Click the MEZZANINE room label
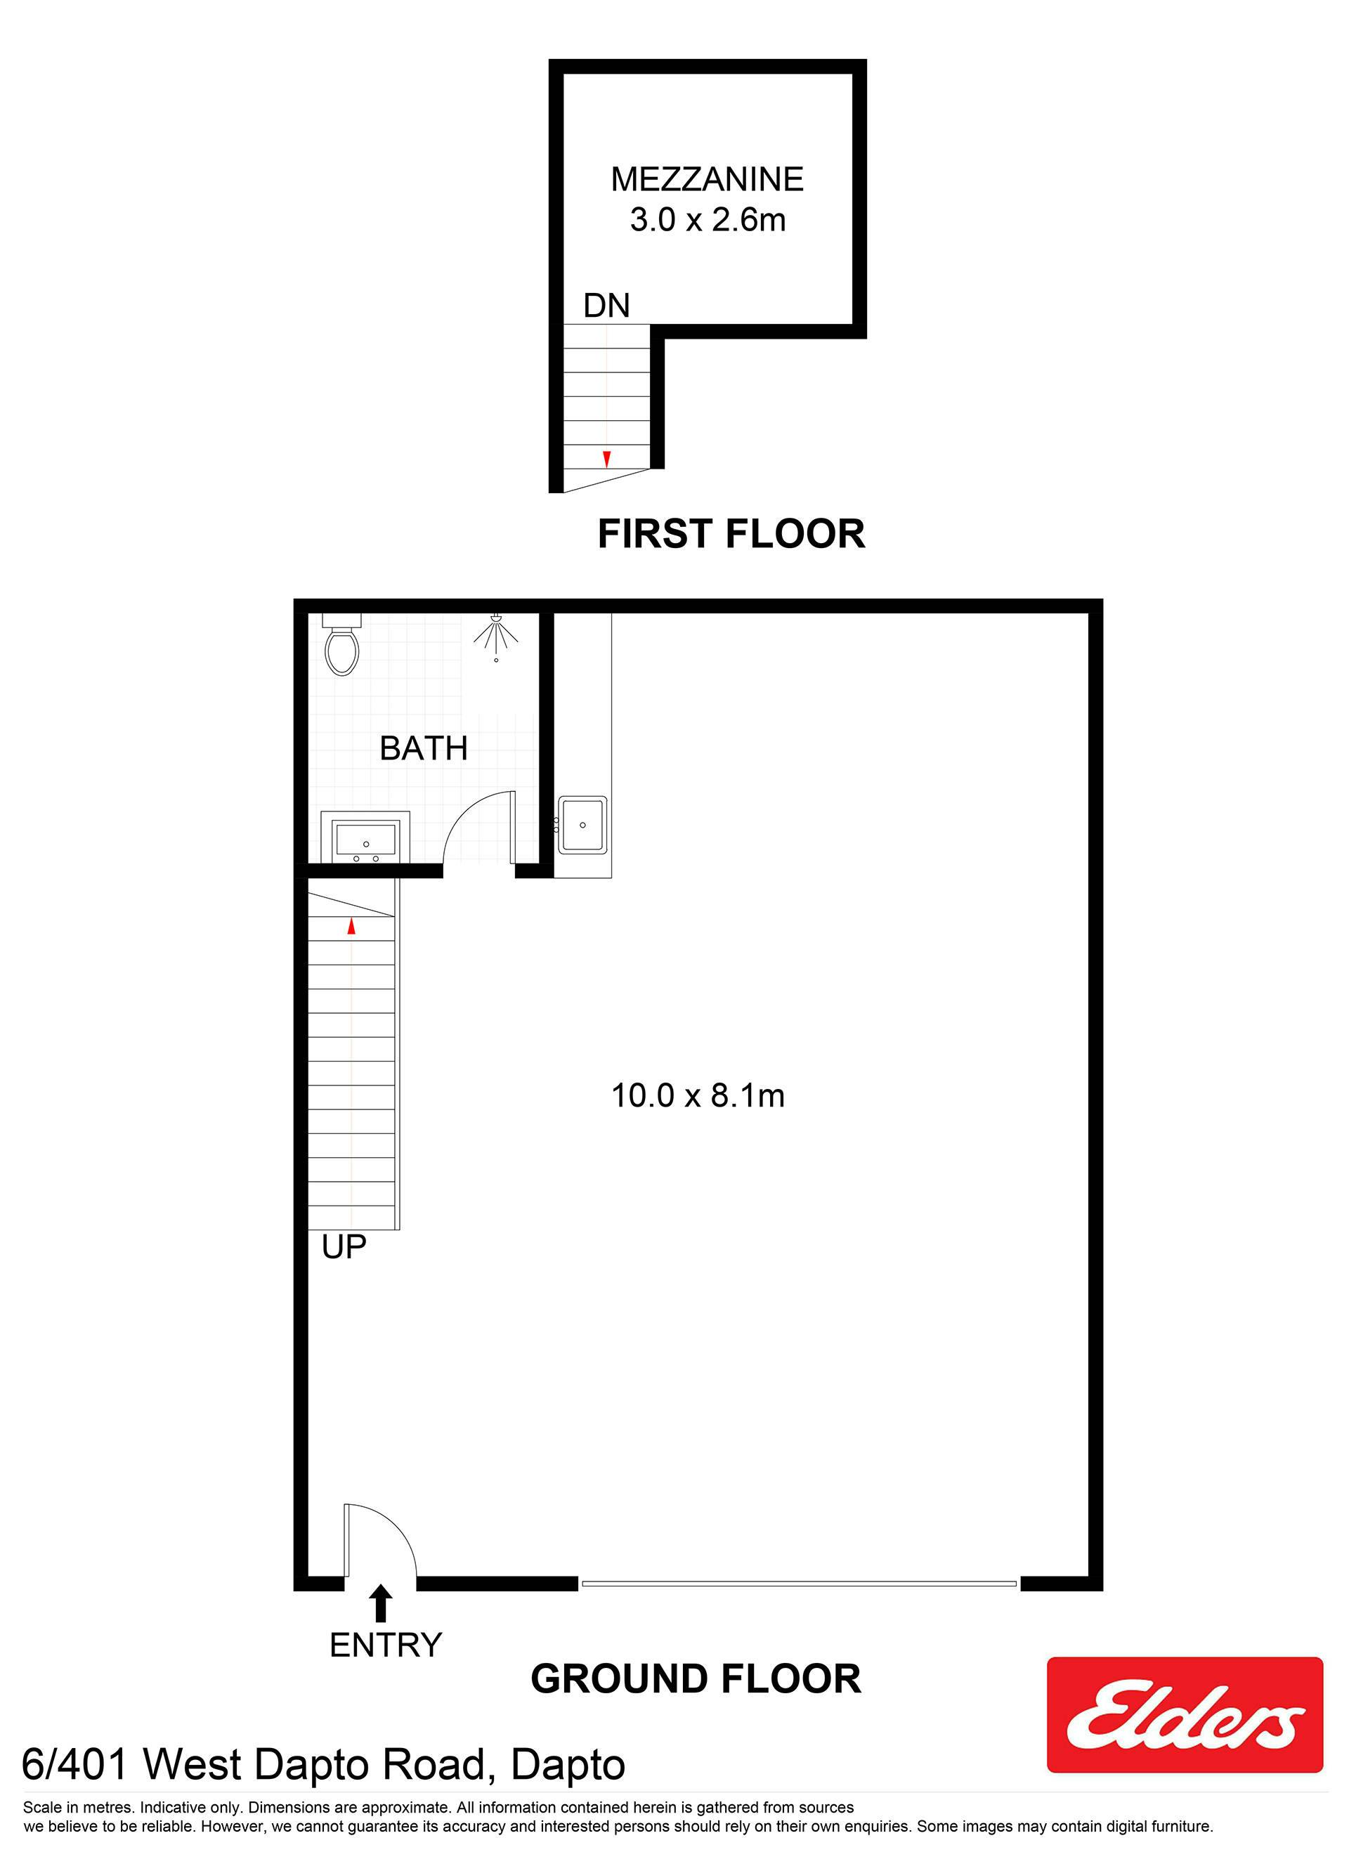pos(707,179)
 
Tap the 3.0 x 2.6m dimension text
pos(707,220)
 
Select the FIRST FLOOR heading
pos(731,534)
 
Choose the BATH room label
pos(424,748)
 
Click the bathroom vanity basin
pos(366,837)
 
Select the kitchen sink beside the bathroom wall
pos(582,825)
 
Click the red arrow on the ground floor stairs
pos(352,926)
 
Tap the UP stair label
pos(344,1247)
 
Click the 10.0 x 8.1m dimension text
pos(698,1095)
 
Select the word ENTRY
pos(386,1645)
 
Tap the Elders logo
pos(1185,1715)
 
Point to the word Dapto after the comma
pos(568,1765)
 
